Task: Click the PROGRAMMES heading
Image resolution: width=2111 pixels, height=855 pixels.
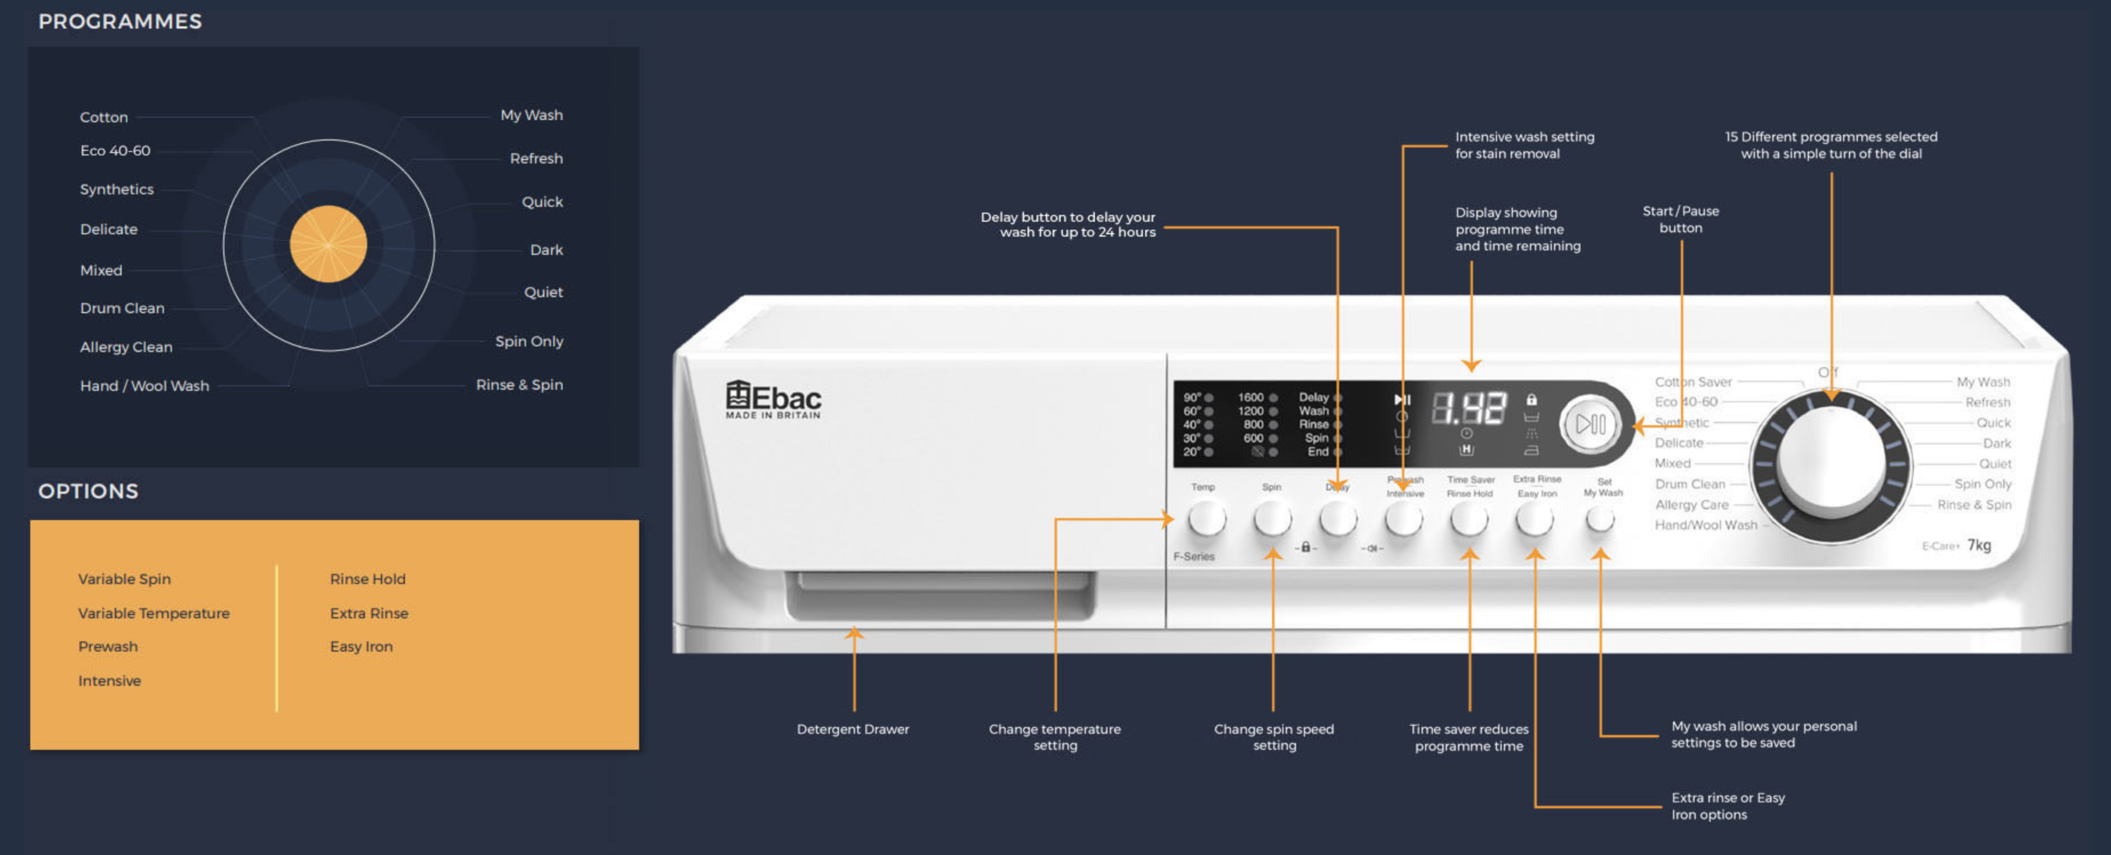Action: [x=119, y=21]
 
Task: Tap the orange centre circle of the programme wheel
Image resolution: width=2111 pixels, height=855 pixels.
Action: [x=328, y=244]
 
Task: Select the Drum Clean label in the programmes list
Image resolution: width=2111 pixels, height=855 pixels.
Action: [x=122, y=308]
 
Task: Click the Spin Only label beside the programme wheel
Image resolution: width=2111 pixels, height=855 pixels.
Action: [x=528, y=341]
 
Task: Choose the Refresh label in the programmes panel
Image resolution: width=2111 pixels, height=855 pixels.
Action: [x=536, y=158]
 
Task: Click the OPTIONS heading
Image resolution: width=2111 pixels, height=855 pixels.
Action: [x=89, y=491]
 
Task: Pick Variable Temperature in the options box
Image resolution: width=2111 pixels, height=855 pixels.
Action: [x=153, y=613]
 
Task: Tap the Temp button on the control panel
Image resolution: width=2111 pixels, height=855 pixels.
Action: [x=1206, y=519]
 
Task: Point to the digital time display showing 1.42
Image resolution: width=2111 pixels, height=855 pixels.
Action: [x=1468, y=408]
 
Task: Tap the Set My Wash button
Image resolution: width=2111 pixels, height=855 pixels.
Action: [x=1600, y=518]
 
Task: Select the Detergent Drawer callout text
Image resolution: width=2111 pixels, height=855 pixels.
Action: [x=852, y=729]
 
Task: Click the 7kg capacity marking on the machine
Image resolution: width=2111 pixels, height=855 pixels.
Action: [x=1978, y=545]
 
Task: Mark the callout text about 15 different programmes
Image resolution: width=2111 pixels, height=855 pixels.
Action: [x=1831, y=145]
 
